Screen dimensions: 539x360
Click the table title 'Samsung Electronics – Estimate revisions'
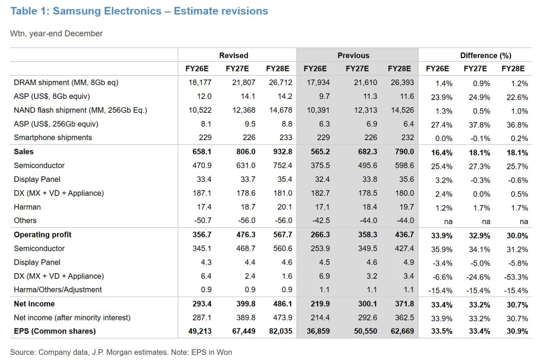[160, 11]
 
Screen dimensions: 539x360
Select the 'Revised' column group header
[234, 55]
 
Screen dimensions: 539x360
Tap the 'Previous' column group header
[353, 55]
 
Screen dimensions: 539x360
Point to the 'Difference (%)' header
[486, 55]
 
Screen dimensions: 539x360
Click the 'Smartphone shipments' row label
[53, 137]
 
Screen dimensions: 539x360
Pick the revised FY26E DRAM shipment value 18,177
[200, 83]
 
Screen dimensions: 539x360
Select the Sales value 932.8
[283, 152]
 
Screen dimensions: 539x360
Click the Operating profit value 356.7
[202, 235]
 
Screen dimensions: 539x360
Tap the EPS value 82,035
[280, 331]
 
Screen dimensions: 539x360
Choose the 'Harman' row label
[27, 207]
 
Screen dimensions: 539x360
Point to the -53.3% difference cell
[516, 277]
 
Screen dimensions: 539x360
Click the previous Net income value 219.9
[320, 304]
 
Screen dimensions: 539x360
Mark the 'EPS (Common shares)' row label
[55, 331]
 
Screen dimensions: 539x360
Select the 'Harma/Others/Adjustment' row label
[58, 290]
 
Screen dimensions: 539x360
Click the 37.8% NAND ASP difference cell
[479, 125]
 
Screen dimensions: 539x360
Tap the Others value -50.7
[203, 221]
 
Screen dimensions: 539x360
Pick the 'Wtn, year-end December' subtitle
[56, 33]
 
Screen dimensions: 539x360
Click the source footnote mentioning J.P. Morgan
[121, 352]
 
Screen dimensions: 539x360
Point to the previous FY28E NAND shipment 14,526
[402, 110]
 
